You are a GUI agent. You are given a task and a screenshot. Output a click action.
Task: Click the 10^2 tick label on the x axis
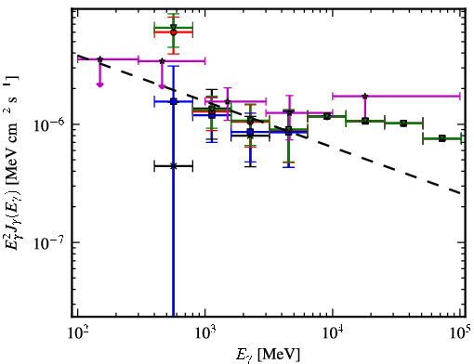click(x=77, y=332)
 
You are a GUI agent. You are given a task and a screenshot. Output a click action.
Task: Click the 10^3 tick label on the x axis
click(x=204, y=332)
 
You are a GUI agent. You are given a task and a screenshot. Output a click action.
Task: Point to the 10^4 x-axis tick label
click(x=333, y=332)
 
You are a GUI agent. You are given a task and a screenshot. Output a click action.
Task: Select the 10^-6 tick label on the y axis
click(x=50, y=123)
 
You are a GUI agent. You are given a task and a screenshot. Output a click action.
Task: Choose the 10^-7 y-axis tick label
click(x=50, y=242)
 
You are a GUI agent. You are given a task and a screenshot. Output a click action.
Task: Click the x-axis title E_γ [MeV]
click(x=268, y=355)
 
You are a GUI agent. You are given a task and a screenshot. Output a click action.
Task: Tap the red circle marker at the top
click(x=174, y=32)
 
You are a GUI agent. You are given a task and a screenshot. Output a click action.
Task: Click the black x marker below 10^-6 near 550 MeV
click(x=174, y=166)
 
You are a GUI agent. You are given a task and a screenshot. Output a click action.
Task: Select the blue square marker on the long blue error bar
click(x=174, y=101)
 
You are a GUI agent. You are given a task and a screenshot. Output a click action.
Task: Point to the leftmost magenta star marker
click(x=99, y=59)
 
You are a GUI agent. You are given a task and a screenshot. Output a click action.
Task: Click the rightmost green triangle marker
click(x=442, y=138)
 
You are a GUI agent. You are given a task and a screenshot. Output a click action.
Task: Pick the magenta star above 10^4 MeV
click(x=365, y=97)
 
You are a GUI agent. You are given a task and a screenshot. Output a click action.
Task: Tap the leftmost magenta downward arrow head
click(x=99, y=84)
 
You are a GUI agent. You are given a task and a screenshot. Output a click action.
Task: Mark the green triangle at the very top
click(x=174, y=27)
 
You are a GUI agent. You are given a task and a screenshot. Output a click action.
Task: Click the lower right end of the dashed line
click(x=460, y=193)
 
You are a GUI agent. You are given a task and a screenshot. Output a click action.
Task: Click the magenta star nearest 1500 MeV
click(x=228, y=101)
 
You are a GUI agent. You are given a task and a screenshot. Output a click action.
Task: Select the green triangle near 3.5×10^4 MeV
click(x=403, y=123)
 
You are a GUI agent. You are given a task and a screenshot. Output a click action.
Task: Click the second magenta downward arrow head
click(x=162, y=86)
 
